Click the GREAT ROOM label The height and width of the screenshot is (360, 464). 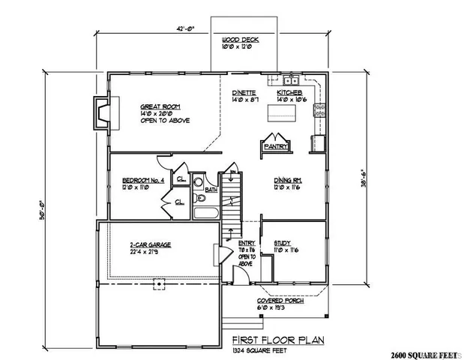tap(157, 107)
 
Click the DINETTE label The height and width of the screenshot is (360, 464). tap(244, 92)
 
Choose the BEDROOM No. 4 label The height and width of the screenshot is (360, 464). tap(141, 180)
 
